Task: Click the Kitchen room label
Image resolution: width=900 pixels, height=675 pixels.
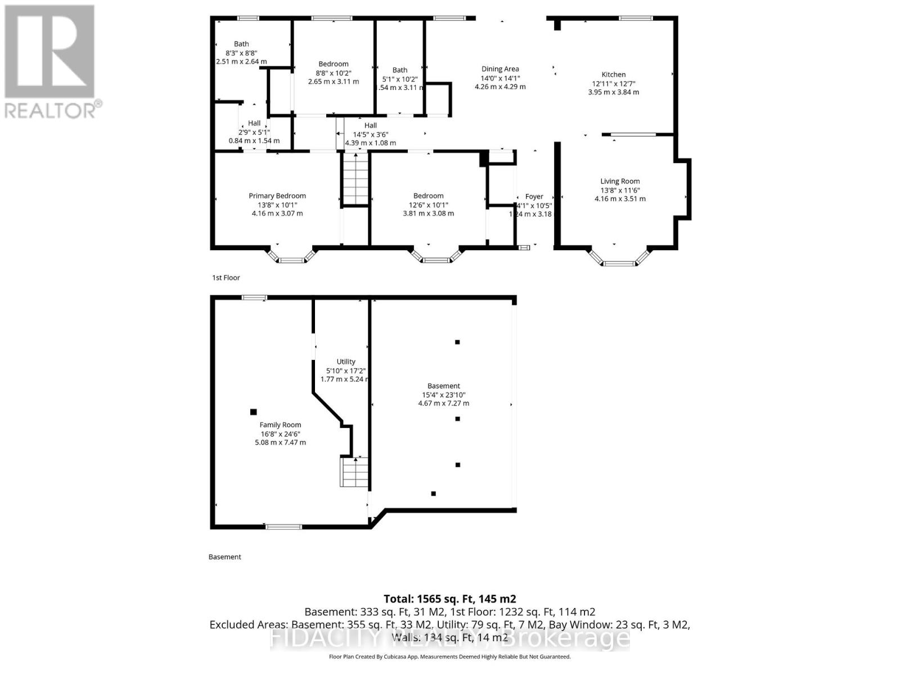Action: [613, 74]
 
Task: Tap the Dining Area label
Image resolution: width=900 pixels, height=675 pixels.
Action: [499, 69]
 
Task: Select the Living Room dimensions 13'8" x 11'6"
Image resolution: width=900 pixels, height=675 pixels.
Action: [619, 190]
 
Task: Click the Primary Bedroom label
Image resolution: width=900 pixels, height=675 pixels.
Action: [277, 196]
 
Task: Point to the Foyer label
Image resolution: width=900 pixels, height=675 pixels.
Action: [534, 196]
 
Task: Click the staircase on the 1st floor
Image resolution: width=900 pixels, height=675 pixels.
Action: [355, 180]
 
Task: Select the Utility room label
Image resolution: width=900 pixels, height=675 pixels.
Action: [346, 362]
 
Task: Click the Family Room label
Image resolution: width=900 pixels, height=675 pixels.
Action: [280, 425]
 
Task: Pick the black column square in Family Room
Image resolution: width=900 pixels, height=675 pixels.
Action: [253, 412]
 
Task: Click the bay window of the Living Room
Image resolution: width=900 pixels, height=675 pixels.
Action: [619, 258]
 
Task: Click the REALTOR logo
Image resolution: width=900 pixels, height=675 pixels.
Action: [51, 62]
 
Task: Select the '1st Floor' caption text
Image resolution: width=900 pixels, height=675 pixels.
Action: [226, 277]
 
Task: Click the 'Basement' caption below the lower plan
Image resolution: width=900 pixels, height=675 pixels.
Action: [224, 557]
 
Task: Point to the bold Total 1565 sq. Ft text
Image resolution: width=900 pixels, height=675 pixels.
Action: [449, 599]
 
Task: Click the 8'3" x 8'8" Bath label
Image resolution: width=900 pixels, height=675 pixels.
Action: [241, 53]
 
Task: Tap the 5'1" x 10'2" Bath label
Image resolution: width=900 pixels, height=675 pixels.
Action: [400, 79]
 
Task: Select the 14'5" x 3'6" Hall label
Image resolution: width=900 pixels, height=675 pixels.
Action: [370, 134]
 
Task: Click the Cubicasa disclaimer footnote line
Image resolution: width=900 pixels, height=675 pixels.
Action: [449, 656]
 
